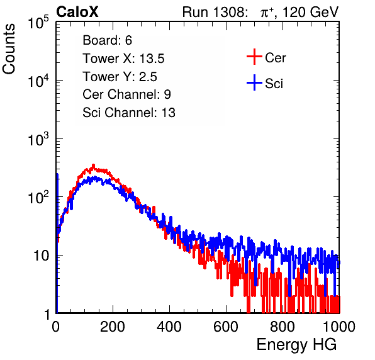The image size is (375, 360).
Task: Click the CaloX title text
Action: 77,12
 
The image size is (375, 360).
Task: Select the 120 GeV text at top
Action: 311,12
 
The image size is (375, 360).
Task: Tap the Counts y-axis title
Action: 9,49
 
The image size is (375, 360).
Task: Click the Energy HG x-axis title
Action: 296,345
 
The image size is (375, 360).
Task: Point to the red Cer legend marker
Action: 254,57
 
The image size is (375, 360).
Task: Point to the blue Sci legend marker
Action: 254,83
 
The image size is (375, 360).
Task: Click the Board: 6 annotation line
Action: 107,40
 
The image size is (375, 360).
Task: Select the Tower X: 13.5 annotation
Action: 123,59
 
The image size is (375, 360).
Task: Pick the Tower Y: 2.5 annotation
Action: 120,77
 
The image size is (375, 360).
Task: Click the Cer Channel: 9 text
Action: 126,94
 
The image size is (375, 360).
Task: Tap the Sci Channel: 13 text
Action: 129,113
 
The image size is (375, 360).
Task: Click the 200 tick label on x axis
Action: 113,327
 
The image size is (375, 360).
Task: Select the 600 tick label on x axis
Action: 226,327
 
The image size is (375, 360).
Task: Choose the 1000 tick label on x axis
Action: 339,327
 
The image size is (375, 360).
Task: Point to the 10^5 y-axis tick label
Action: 38,23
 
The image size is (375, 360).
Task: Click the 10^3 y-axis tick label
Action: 38,139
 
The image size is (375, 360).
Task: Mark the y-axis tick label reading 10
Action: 42,256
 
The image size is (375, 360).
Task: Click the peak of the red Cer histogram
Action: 94,165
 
